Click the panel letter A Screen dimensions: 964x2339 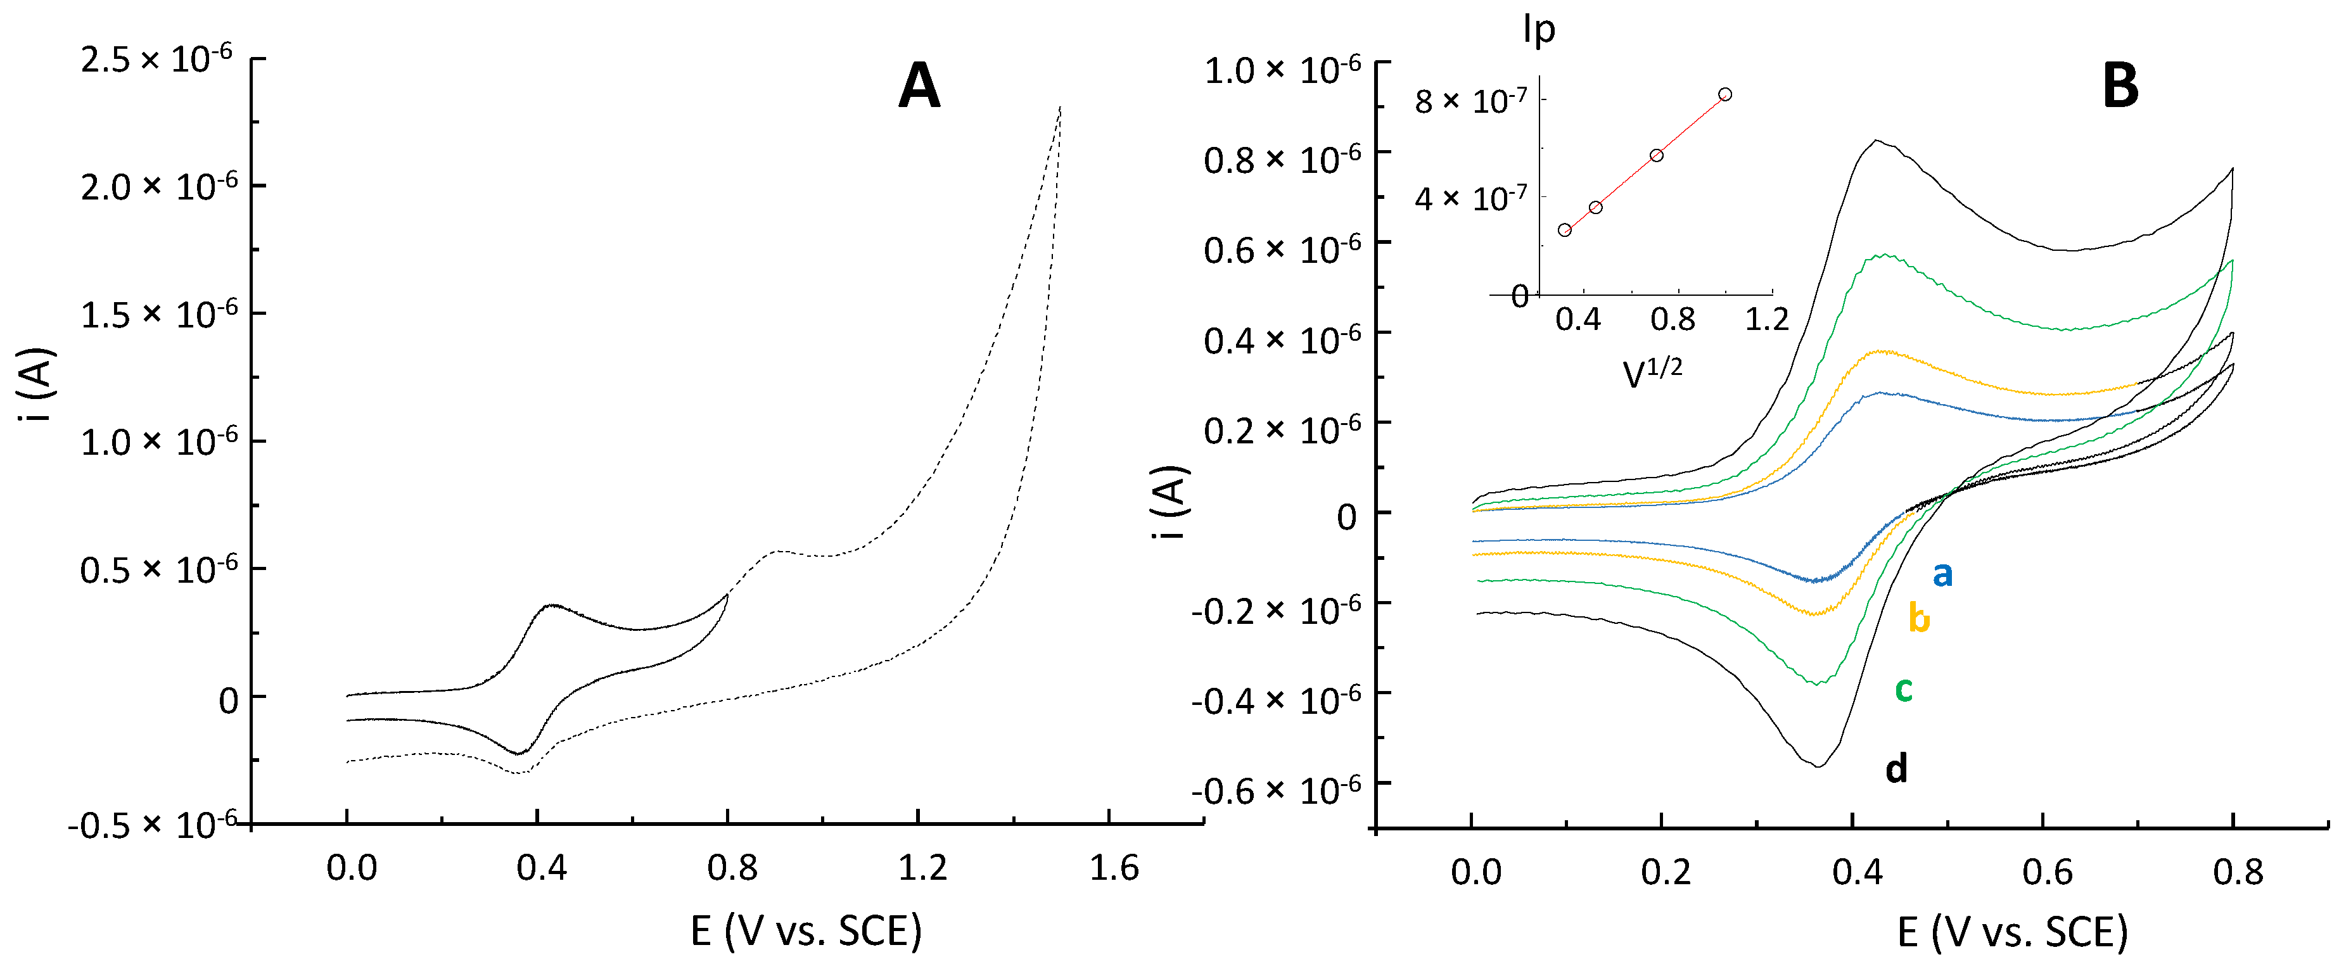coord(918,87)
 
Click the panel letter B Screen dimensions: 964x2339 coord(2120,87)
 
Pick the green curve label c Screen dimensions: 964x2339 coord(1904,690)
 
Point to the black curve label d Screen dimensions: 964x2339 coord(1897,769)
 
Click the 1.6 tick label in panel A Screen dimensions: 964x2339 coord(1113,869)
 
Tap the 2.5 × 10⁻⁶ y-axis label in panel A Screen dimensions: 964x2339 coord(156,60)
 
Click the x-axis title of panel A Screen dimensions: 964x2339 coord(805,931)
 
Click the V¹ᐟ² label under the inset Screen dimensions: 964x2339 coord(1652,372)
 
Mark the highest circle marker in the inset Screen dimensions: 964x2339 coord(1725,94)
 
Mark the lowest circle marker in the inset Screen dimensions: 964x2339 coord(1564,230)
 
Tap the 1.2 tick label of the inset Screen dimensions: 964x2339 coord(1767,319)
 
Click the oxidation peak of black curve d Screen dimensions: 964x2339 coord(1876,141)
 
